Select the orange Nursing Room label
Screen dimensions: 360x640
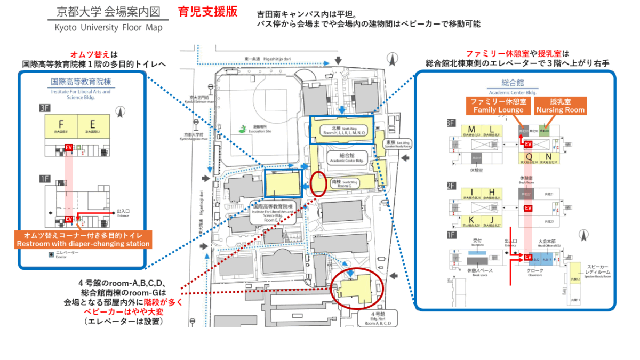560,106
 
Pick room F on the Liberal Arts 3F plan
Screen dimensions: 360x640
61,125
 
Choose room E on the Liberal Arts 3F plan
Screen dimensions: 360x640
93,125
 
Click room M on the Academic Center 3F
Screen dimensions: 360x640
471,130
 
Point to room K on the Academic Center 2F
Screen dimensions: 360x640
471,220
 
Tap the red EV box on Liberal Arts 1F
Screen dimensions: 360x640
69,219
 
